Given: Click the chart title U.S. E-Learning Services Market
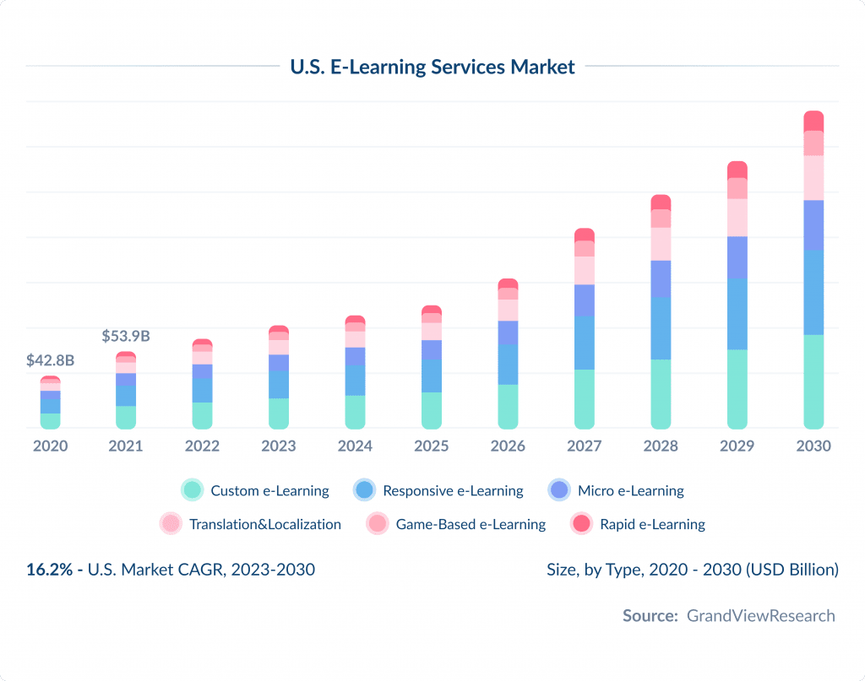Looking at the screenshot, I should pyautogui.click(x=432, y=66).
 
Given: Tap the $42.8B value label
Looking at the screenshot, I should pyautogui.click(x=50, y=360).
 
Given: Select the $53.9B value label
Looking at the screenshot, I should pyautogui.click(x=126, y=336).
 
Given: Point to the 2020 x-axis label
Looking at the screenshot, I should pyautogui.click(x=50, y=446).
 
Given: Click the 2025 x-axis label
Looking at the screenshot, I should pyautogui.click(x=432, y=446).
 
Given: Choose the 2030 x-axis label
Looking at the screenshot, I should pyautogui.click(x=813, y=446).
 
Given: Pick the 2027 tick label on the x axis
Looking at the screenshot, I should pyautogui.click(x=585, y=446).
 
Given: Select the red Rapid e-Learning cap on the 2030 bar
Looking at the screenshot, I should pyautogui.click(x=813, y=121).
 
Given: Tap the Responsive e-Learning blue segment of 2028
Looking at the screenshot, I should pyautogui.click(x=661, y=328).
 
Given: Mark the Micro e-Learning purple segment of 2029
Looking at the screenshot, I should pyautogui.click(x=737, y=257).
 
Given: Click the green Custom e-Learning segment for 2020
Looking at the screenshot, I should pyautogui.click(x=50, y=420).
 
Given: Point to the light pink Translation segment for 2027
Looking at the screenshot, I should pyautogui.click(x=585, y=270).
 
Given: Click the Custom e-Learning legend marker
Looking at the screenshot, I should pyautogui.click(x=193, y=490).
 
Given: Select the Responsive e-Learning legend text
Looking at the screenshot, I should pyautogui.click(x=453, y=490).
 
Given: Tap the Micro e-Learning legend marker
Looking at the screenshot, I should pyautogui.click(x=559, y=490).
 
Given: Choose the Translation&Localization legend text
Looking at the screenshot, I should pyautogui.click(x=265, y=524).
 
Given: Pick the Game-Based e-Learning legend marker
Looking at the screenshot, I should pyautogui.click(x=377, y=524).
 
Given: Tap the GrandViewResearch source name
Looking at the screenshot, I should pyautogui.click(x=760, y=615).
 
